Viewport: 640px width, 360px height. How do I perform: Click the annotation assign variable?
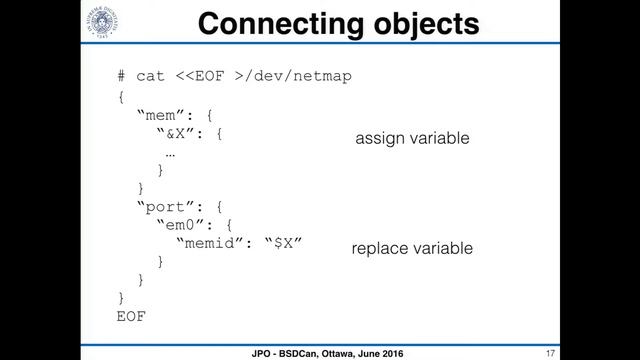[412, 139]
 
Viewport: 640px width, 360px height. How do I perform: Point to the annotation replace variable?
[412, 247]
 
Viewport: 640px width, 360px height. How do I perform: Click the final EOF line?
[132, 316]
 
